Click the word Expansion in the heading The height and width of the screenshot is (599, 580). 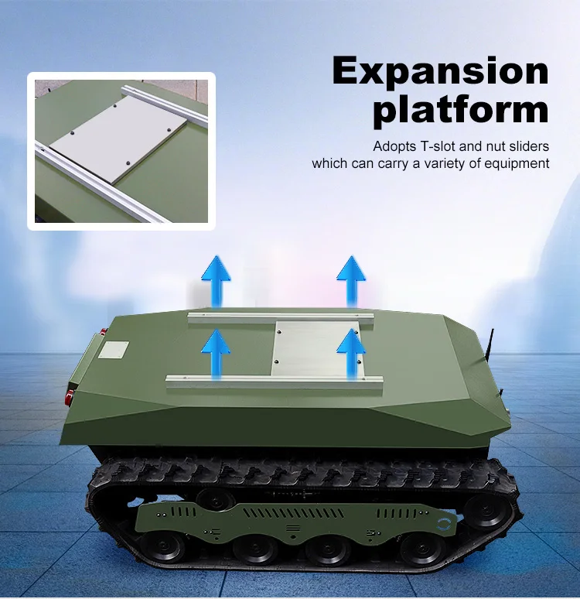click(440, 71)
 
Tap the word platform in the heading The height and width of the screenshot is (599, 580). click(460, 110)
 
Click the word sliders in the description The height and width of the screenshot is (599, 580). click(530, 146)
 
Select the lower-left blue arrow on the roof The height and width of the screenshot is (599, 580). click(217, 352)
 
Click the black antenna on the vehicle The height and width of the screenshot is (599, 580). click(490, 352)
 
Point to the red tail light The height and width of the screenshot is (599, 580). click(70, 397)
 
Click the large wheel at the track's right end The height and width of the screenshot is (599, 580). click(487, 512)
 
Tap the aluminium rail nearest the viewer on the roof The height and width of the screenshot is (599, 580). click(275, 380)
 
